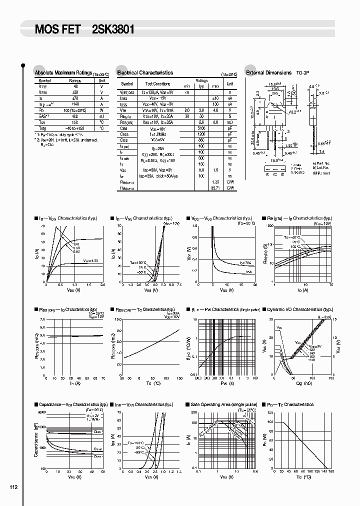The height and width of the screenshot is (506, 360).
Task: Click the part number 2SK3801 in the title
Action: [113, 29]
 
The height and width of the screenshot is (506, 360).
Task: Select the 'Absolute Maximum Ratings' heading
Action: [63, 73]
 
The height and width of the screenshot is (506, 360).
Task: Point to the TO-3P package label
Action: [303, 73]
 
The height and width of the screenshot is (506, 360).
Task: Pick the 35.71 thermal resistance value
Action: [216, 188]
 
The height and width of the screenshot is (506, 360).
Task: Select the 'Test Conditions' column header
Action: [158, 84]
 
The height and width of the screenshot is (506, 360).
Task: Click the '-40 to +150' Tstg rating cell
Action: [75, 128]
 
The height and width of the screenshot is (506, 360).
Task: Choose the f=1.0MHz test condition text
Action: [158, 134]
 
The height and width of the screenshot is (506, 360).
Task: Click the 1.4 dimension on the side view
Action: [322, 151]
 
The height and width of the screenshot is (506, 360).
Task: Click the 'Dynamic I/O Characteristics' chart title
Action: [300, 310]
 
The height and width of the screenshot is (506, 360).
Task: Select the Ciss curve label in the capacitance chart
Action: [97, 431]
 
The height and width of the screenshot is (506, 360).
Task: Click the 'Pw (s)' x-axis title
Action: [223, 383]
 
